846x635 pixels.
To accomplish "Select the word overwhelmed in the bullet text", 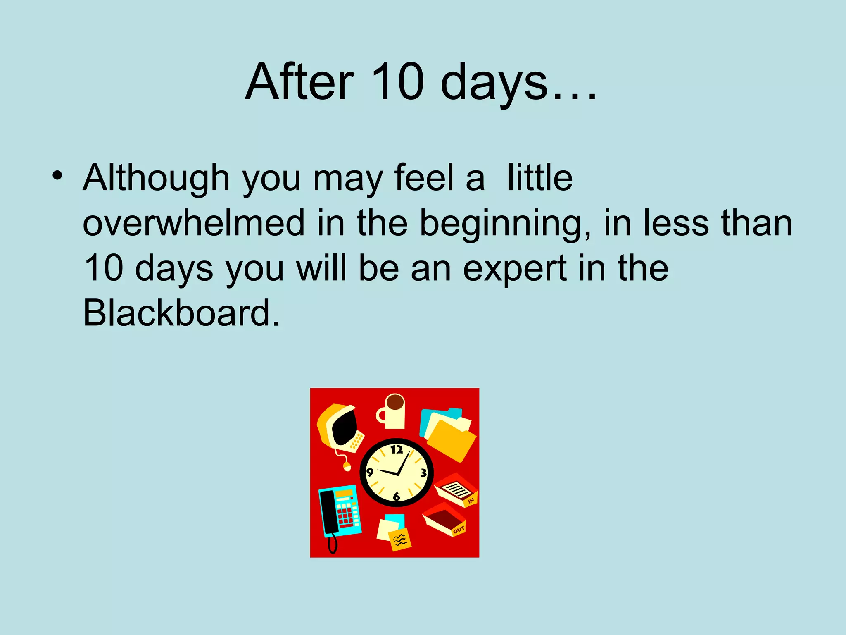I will coord(194,223).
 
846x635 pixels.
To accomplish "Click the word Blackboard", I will coord(181,313).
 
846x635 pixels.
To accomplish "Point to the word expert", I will coord(515,269).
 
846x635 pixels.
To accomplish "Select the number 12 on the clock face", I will coord(397,449).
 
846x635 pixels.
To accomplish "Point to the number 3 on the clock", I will coord(424,473).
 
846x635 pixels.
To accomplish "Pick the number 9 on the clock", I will coord(370,472).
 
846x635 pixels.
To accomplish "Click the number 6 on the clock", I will coord(397,496).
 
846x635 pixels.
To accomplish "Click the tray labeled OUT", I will coord(444,520).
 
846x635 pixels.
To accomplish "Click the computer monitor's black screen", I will coord(345,427).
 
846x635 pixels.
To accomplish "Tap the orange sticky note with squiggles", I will coord(400,540).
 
